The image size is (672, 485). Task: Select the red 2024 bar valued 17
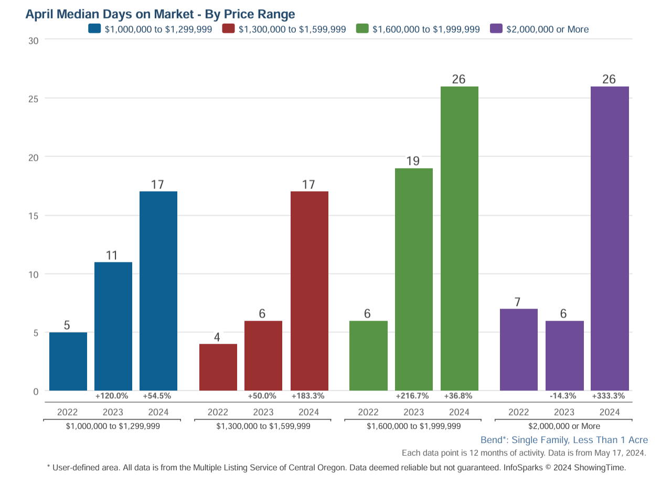coord(309,291)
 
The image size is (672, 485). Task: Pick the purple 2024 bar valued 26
coord(610,238)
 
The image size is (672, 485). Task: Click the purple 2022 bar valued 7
coord(519,350)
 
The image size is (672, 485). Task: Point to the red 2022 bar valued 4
coord(218,367)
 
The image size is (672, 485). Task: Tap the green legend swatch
coord(362,29)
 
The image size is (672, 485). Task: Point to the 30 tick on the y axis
coord(33,40)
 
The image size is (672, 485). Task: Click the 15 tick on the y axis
coord(33,216)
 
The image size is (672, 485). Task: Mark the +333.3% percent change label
coord(609,396)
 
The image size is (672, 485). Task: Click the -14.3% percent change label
coord(564,396)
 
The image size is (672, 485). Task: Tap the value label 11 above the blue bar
coord(111,255)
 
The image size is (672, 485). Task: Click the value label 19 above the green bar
coord(413,161)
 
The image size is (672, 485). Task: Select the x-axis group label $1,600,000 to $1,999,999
coord(413,426)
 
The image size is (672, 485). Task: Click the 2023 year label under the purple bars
coord(564,412)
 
